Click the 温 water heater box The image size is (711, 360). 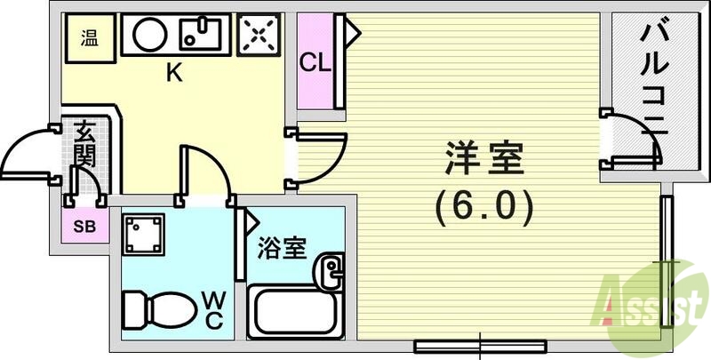90,38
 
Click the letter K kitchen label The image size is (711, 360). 175,74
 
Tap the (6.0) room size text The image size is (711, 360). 484,207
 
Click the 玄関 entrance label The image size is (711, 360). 84,145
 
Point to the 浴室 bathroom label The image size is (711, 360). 283,248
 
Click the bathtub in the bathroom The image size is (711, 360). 292,313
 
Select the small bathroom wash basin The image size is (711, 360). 331,268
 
